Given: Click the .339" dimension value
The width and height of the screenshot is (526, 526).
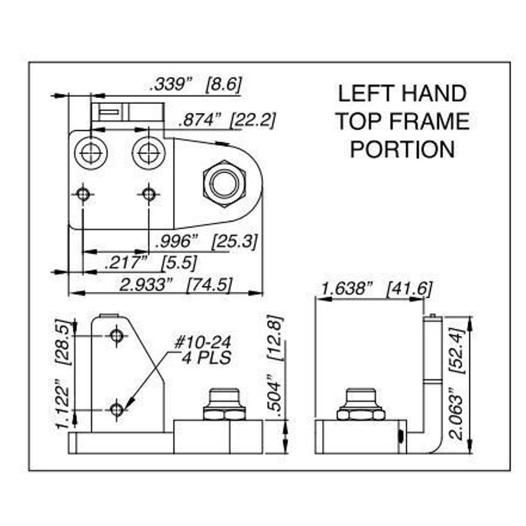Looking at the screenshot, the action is [171, 85].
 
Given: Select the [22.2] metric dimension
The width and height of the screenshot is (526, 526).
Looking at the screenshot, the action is [252, 120].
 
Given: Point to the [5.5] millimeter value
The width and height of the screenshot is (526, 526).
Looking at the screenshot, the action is [179, 263].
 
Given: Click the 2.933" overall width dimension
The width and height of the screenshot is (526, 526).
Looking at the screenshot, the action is [145, 285].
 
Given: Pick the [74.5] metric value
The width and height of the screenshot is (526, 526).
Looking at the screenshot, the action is [209, 285].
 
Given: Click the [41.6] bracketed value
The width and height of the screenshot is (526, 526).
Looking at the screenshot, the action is [410, 289].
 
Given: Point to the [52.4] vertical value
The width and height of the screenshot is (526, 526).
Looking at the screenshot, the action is [457, 351].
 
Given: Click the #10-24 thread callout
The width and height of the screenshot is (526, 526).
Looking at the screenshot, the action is [203, 343].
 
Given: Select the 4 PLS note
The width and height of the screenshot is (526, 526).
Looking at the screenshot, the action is [206, 358].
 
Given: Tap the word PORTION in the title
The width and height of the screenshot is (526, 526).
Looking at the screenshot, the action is [402, 149].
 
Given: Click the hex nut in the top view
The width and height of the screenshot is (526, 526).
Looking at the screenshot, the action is [224, 184].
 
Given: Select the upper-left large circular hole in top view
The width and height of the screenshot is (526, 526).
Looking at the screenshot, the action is [91, 153].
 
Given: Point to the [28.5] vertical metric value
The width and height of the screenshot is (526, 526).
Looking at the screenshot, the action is [63, 343].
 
